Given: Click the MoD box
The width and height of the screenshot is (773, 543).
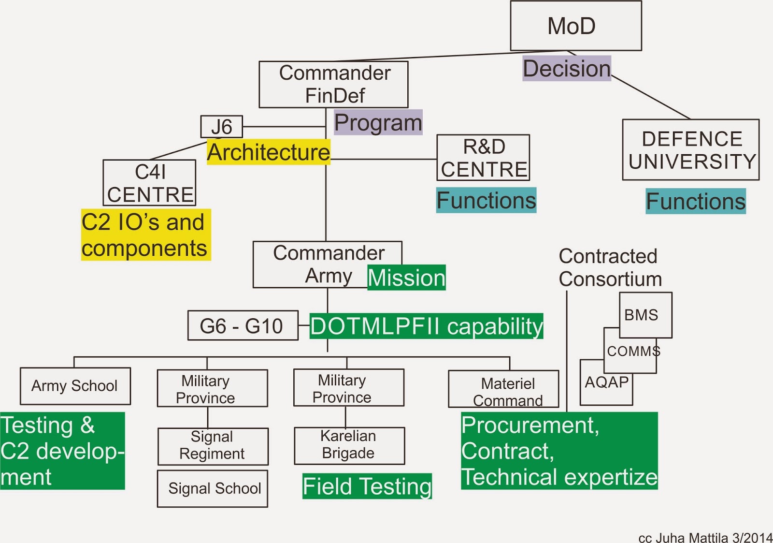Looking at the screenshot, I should (576, 26).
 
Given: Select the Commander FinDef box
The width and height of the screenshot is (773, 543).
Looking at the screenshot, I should (333, 84).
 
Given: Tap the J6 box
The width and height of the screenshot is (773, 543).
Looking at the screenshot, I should (222, 127).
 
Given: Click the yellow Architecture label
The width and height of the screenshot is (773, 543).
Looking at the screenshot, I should (269, 152).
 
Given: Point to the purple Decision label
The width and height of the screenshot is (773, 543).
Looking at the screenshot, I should (567, 68).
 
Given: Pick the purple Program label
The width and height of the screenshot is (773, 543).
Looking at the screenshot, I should (378, 122).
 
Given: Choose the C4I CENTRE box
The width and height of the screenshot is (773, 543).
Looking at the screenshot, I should (149, 183).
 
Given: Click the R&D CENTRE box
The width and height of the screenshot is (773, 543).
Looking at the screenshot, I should (483, 158).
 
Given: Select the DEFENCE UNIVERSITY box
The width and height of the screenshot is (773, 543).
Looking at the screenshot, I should (691, 150).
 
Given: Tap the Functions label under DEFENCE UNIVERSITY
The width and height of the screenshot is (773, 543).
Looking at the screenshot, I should (696, 201).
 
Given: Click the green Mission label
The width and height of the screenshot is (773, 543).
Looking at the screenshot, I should (406, 278).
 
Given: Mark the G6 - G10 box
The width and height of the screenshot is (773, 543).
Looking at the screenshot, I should (243, 325).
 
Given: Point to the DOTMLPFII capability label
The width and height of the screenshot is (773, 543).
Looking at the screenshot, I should (426, 326).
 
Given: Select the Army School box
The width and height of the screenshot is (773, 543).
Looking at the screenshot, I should (75, 386).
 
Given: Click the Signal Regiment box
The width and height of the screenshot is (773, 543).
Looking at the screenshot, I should (213, 446).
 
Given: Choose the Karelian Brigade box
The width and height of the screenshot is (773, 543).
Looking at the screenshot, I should (349, 445).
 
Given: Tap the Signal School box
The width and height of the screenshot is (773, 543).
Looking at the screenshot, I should (213, 488).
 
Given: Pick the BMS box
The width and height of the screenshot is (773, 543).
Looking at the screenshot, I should (645, 314).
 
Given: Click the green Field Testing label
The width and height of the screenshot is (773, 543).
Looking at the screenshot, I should (367, 486).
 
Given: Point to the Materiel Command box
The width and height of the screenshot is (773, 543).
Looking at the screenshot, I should (503, 389).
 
